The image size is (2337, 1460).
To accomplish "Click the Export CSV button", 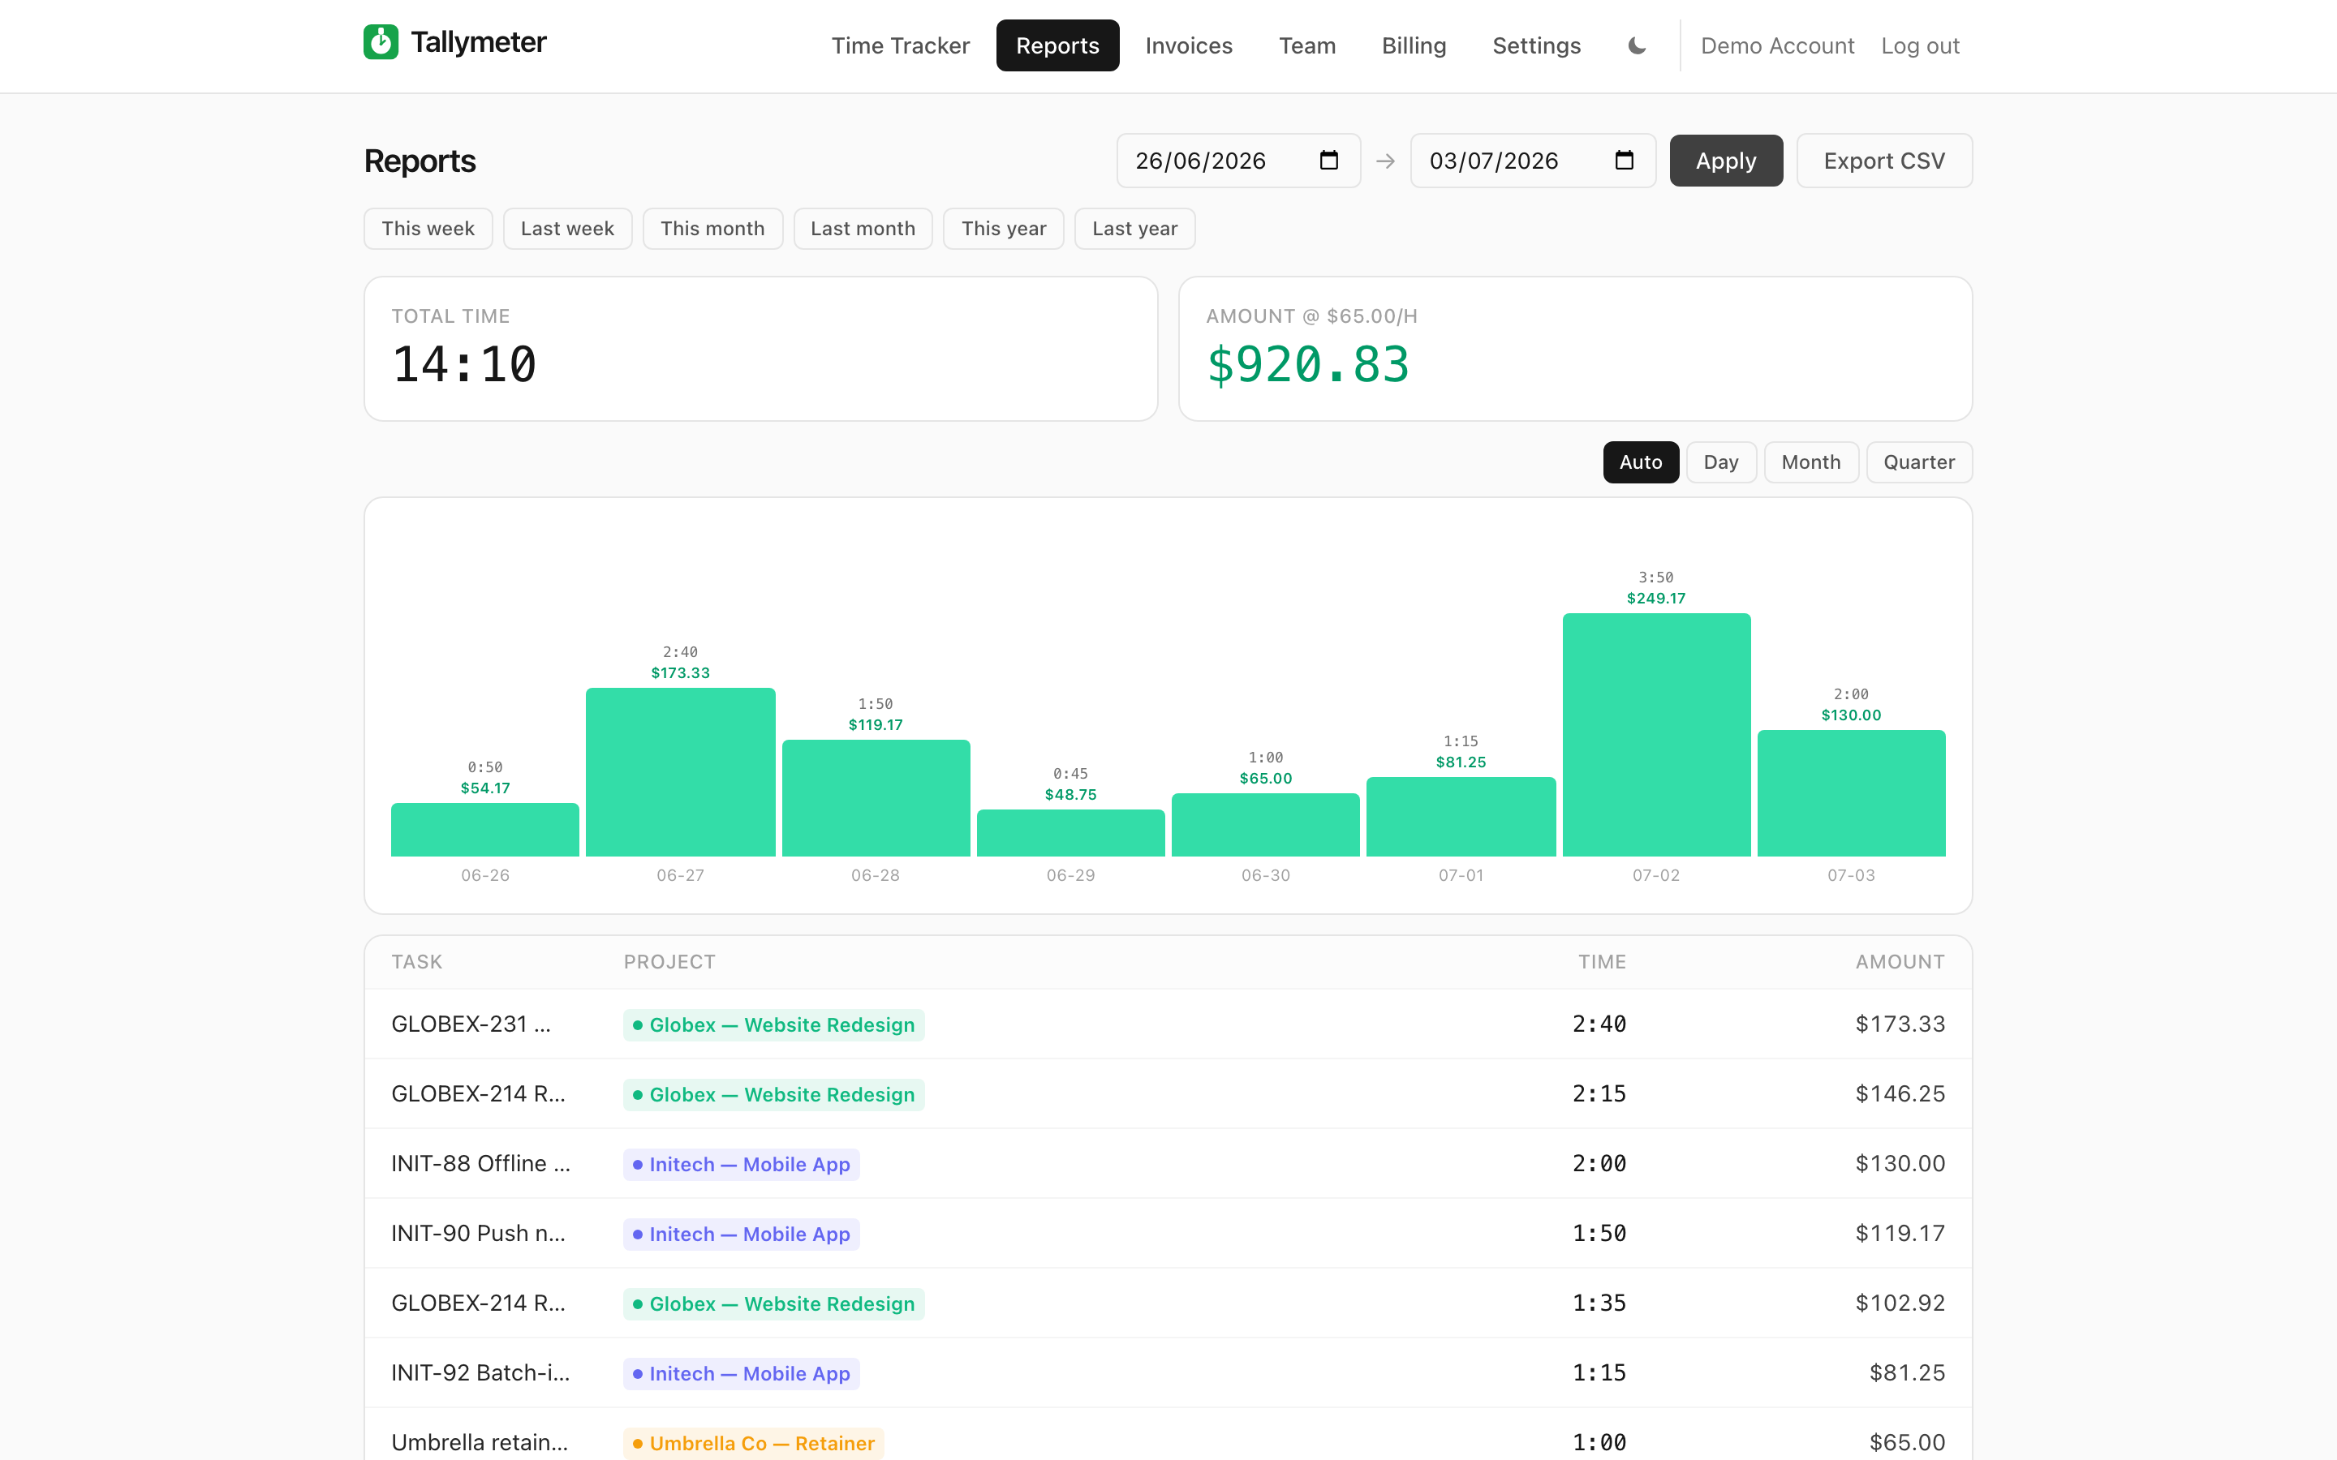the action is [x=1883, y=161].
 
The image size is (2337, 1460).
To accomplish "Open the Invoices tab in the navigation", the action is [x=1189, y=45].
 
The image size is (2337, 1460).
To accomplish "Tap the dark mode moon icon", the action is [x=1637, y=45].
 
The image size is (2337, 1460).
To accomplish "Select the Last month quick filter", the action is [x=863, y=229].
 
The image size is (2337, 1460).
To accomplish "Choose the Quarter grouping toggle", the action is [x=1919, y=462].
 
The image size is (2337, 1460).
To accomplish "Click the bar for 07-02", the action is [x=1656, y=735].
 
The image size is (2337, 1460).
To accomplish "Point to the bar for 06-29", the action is [x=1071, y=832].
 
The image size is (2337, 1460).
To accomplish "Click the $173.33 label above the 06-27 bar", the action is [x=680, y=673].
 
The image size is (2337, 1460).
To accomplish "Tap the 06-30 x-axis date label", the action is [x=1265, y=876].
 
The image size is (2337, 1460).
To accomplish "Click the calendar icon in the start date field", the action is [x=1329, y=161].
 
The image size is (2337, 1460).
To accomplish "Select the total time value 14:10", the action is [x=464, y=365].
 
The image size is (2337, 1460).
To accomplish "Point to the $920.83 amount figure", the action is [x=1309, y=365].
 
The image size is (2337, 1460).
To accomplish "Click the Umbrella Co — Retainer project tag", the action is [x=753, y=1443].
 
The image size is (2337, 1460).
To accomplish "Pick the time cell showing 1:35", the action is [x=1599, y=1303].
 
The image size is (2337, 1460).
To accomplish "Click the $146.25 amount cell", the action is [x=1900, y=1093].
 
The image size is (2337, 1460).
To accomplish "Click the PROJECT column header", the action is [x=669, y=962].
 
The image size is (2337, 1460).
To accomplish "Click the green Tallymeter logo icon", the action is [x=381, y=41].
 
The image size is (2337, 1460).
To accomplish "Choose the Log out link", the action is [x=1920, y=45].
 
